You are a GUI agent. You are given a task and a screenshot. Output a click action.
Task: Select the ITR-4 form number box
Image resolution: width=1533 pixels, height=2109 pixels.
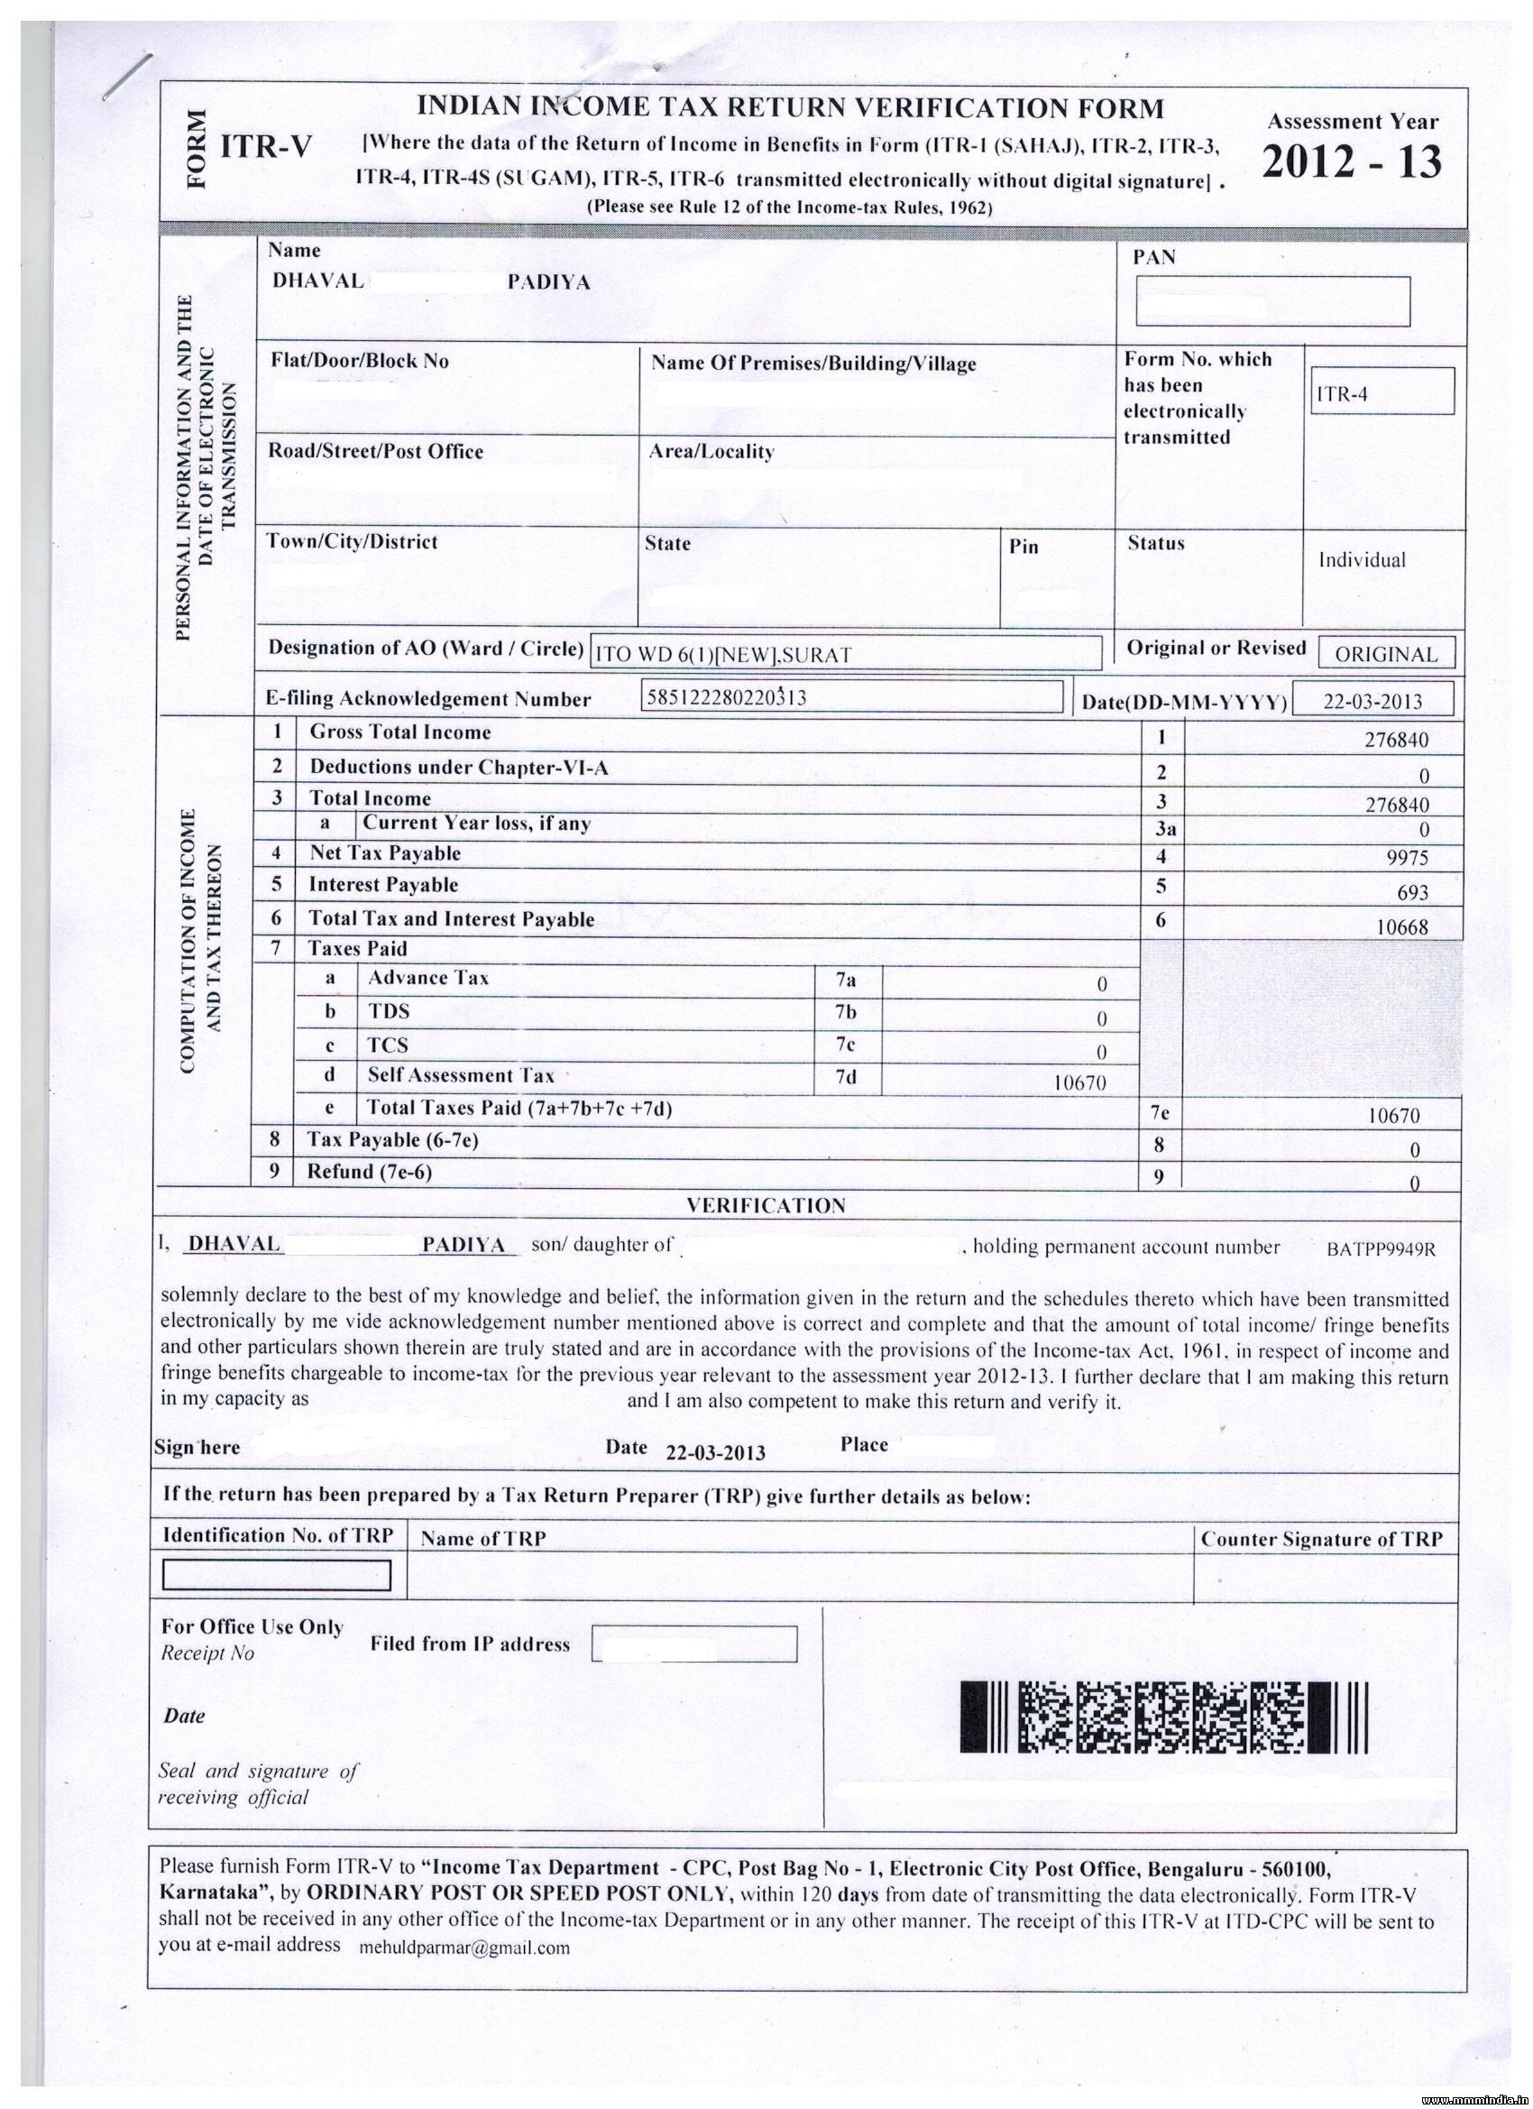pyautogui.click(x=1380, y=391)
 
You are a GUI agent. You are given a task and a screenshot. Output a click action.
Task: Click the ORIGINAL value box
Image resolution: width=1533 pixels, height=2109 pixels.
pyautogui.click(x=1385, y=654)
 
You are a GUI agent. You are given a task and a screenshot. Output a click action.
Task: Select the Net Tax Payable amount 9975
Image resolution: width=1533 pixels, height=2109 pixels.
pyautogui.click(x=1407, y=858)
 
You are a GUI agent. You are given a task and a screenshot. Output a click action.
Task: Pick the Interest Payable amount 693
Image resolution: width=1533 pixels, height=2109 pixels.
pyautogui.click(x=1412, y=893)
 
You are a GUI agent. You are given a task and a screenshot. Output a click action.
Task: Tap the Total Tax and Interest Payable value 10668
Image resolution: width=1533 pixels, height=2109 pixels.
pyautogui.click(x=1402, y=927)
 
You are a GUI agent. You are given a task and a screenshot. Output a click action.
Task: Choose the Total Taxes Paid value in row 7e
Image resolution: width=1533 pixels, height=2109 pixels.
pyautogui.click(x=1394, y=1116)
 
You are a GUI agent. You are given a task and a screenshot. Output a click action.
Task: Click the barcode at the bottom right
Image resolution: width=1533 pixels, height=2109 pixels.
pyautogui.click(x=1164, y=1718)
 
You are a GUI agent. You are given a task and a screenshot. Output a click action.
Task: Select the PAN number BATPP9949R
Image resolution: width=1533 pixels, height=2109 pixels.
pyautogui.click(x=1381, y=1248)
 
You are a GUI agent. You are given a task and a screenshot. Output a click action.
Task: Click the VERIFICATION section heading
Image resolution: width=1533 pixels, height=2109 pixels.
pyautogui.click(x=766, y=1206)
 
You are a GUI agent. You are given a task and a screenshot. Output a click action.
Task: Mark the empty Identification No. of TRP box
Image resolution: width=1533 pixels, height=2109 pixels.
pyautogui.click(x=276, y=1575)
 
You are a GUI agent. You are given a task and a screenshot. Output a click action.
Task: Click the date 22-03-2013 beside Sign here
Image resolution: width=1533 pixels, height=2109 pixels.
pyautogui.click(x=715, y=1452)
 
